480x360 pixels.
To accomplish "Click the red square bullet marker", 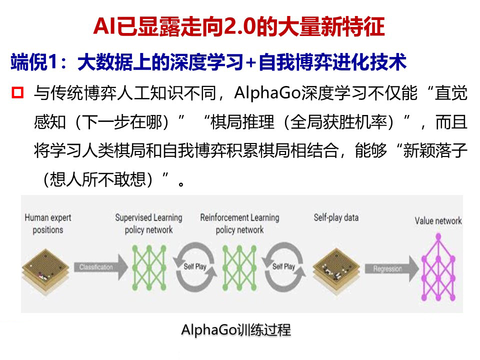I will click(18, 92).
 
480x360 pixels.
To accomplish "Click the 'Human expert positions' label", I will click(48, 223).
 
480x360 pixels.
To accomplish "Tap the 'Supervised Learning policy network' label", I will click(148, 223).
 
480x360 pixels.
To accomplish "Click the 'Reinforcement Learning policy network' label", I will click(239, 223).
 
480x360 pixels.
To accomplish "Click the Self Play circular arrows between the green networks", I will click(195, 266).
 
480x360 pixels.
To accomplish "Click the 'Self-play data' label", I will click(336, 218).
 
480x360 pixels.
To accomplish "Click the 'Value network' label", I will click(438, 221).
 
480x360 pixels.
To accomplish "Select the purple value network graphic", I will click(438, 267).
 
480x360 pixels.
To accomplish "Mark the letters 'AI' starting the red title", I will click(103, 27).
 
